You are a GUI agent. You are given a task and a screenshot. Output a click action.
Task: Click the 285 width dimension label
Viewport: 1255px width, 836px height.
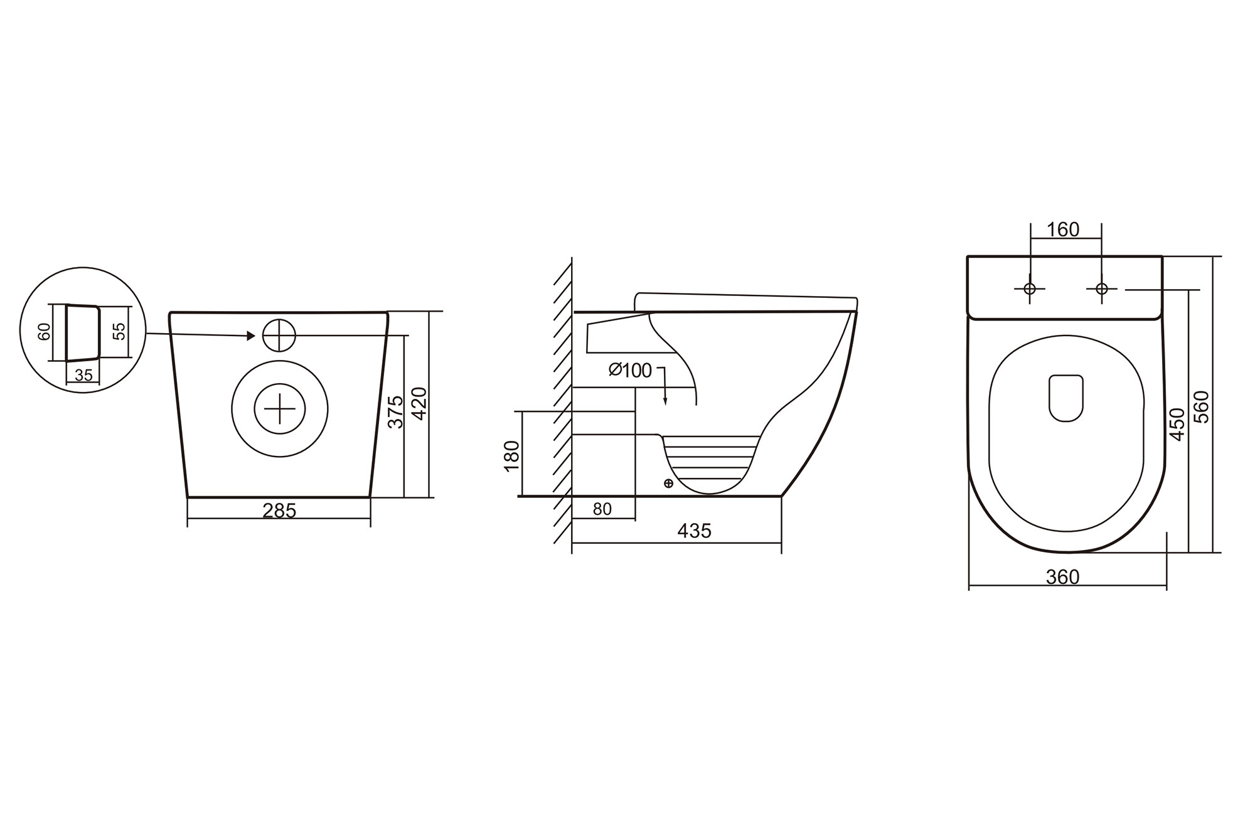tap(279, 511)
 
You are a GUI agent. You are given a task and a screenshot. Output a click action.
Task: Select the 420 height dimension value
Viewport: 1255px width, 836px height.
tap(419, 404)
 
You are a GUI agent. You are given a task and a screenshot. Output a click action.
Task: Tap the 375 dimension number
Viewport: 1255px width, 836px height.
tap(395, 411)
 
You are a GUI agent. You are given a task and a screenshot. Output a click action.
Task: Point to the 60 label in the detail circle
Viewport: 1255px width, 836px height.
tap(45, 331)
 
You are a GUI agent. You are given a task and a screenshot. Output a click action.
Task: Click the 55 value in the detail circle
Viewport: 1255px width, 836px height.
tap(119, 331)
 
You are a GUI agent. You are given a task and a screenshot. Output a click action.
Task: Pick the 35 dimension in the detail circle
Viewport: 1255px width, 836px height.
tap(83, 375)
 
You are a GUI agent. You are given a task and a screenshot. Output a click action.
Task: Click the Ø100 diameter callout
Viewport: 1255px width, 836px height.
tap(630, 371)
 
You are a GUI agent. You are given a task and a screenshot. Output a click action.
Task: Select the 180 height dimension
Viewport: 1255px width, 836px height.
tap(512, 455)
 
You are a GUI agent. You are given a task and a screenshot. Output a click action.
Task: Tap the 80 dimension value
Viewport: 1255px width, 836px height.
tap(602, 509)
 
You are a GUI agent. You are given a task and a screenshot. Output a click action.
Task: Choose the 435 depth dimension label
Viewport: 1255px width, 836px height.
tap(694, 531)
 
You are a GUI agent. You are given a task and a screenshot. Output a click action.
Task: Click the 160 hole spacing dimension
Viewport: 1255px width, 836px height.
tap(1063, 230)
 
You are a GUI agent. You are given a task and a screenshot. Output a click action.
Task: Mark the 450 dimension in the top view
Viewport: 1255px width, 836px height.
tap(1178, 424)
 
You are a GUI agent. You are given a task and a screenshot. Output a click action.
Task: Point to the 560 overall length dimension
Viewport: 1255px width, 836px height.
tap(1201, 406)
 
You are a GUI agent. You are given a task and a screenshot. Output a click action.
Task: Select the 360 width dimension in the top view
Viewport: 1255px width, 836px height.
tap(1062, 576)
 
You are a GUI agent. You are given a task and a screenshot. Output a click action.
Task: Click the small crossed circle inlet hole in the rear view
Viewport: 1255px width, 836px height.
tap(279, 335)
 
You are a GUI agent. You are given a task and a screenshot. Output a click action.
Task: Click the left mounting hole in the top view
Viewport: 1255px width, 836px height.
tap(1029, 288)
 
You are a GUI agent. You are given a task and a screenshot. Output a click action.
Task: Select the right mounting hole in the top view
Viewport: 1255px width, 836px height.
tap(1101, 288)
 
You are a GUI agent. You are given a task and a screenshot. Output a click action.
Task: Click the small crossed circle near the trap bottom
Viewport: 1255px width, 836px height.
tap(668, 483)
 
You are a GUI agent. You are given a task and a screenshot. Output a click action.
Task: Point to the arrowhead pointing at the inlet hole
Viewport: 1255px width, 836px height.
tap(250, 336)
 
